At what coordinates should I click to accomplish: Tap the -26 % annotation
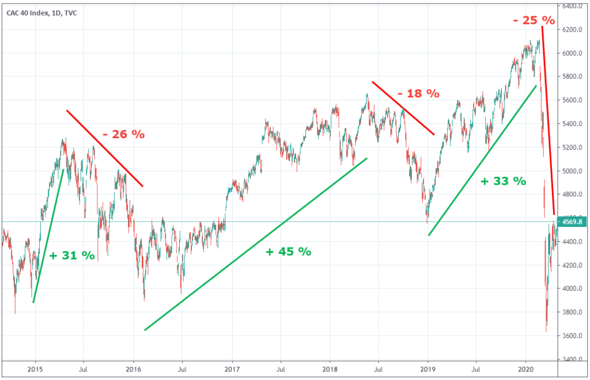(x=124, y=134)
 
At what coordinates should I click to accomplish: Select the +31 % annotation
(x=72, y=256)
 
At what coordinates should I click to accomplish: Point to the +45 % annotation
(x=289, y=252)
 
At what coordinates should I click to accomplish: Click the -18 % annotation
(x=418, y=93)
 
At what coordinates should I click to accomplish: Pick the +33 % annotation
(x=504, y=181)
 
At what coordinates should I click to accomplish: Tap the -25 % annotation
(x=534, y=20)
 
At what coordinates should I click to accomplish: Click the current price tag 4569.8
(x=572, y=222)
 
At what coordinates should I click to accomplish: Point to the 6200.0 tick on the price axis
(x=572, y=30)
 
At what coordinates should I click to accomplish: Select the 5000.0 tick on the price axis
(x=572, y=171)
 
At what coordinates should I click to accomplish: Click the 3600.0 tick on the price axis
(x=572, y=336)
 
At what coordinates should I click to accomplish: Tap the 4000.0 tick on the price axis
(x=572, y=288)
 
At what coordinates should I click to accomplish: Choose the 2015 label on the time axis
(x=35, y=369)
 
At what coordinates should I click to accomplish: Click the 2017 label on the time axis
(x=232, y=369)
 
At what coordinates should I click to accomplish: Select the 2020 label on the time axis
(x=525, y=369)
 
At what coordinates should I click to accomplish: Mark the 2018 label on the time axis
(x=330, y=369)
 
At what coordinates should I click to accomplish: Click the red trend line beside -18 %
(x=403, y=108)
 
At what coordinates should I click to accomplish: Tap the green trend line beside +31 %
(x=48, y=236)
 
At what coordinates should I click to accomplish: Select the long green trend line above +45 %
(x=255, y=244)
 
